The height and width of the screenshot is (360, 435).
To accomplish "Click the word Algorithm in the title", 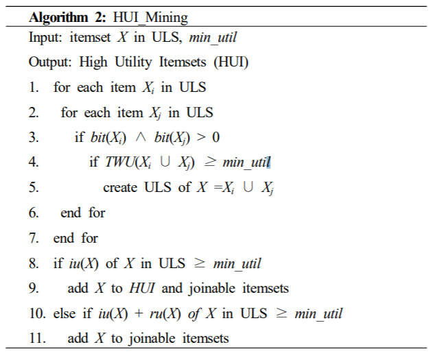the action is tap(58, 18).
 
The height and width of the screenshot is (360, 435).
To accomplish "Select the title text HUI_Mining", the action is tap(150, 18).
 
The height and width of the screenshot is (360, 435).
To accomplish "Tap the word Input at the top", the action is tap(45, 38).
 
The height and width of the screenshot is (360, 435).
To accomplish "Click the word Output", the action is tap(50, 62).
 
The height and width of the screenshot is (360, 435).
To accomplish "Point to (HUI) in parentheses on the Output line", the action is tap(231, 62).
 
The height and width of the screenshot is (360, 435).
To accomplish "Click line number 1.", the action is tap(34, 87).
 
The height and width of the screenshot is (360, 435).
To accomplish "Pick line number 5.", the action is tap(34, 187).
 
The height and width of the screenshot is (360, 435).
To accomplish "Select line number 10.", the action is tap(37, 313).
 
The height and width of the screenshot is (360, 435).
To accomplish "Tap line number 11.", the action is tap(37, 338).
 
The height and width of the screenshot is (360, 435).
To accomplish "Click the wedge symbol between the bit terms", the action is tap(141, 138).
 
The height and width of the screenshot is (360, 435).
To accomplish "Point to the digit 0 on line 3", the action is tap(216, 138).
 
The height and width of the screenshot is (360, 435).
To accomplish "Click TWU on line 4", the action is tap(119, 163).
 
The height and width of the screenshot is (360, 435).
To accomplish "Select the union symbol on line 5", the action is tap(248, 187).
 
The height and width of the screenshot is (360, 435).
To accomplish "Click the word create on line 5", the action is tap(120, 188).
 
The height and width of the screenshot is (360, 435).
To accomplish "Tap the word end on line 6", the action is tap(71, 213).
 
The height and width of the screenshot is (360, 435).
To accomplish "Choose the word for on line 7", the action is tap(89, 238).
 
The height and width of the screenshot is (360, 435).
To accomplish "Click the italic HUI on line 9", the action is tap(142, 288).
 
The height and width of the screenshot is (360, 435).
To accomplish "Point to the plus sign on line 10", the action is tap(139, 313).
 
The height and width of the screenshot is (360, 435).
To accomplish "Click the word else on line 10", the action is tap(64, 313).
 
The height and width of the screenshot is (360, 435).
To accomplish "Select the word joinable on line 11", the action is tap(152, 339).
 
